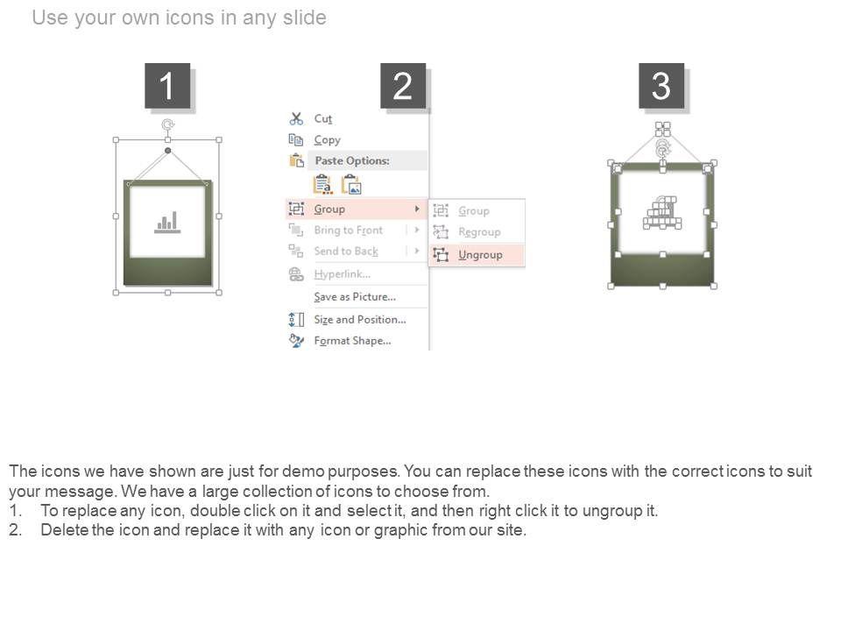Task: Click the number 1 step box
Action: coord(167,86)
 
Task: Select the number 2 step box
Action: coord(403,86)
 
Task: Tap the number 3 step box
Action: coord(661,86)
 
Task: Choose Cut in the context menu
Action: coord(323,118)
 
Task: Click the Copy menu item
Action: coord(327,140)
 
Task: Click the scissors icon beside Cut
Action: coord(296,118)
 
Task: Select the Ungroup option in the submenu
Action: coord(480,255)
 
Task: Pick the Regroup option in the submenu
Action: coord(479,231)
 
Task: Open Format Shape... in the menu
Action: coord(352,341)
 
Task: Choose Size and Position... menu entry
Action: coord(360,319)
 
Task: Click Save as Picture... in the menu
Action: coord(355,297)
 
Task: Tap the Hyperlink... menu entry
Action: coord(342,274)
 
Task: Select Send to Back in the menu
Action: coord(346,252)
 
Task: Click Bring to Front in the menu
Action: coord(348,230)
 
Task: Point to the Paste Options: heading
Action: coord(352,160)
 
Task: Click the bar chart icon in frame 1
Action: coord(167,222)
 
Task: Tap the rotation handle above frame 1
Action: coord(168,124)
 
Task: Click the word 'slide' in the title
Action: coord(305,18)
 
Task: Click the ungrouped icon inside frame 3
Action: coord(662,213)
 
